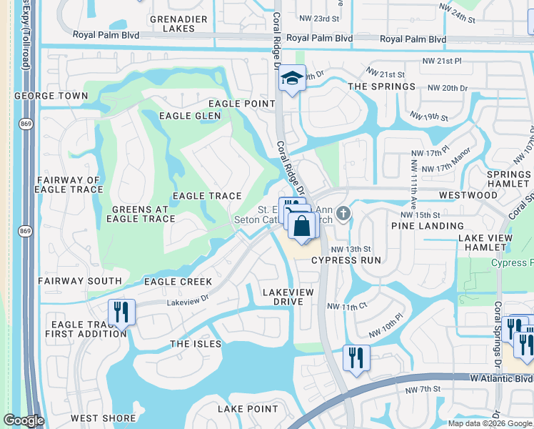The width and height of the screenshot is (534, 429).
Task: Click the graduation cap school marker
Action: (x=292, y=78)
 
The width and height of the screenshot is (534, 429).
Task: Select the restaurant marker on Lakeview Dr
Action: (x=121, y=312)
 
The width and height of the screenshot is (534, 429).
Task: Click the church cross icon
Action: (x=343, y=213)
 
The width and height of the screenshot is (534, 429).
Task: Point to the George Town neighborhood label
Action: (x=51, y=95)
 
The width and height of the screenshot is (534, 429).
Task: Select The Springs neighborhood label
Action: (x=381, y=87)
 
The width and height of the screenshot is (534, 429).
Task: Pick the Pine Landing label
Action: (x=428, y=226)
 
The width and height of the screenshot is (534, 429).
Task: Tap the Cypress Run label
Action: (x=346, y=260)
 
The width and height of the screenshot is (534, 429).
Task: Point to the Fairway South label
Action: (x=79, y=282)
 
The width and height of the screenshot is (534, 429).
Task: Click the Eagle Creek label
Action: (x=178, y=282)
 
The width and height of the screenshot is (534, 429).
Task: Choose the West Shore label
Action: (x=103, y=418)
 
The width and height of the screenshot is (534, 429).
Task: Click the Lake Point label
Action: (x=248, y=409)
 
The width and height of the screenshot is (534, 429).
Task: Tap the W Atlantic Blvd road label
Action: (x=501, y=378)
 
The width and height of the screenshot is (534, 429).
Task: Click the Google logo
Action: (x=24, y=420)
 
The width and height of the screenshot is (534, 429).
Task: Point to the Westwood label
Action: (x=468, y=194)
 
